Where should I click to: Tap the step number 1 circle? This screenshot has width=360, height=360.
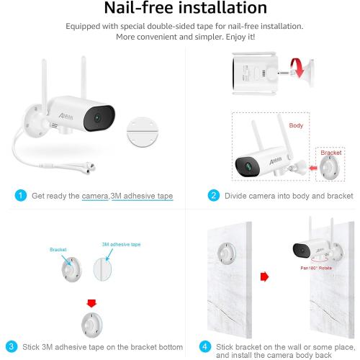pos(21,195)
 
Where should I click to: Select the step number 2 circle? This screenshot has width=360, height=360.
pos(213,195)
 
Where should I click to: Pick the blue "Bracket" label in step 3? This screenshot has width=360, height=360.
pos(58,248)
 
